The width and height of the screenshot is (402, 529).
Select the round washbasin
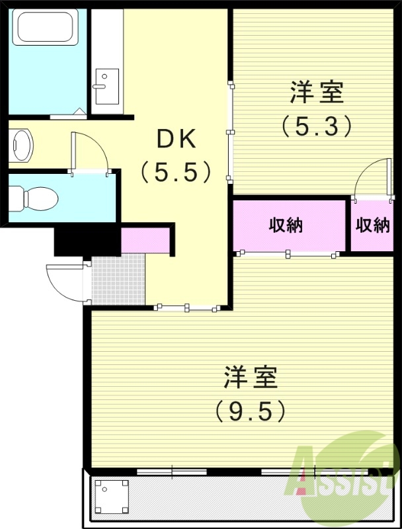click(21, 144)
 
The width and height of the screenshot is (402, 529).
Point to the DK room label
click(176, 140)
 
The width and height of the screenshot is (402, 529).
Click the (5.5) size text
click(176, 173)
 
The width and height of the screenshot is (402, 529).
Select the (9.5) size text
click(251, 411)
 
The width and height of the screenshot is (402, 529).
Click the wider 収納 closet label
click(286, 225)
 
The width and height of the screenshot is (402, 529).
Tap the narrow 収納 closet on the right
click(373, 225)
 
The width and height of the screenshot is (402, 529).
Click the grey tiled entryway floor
click(118, 279)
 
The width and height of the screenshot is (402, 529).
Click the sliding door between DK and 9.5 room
click(188, 307)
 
